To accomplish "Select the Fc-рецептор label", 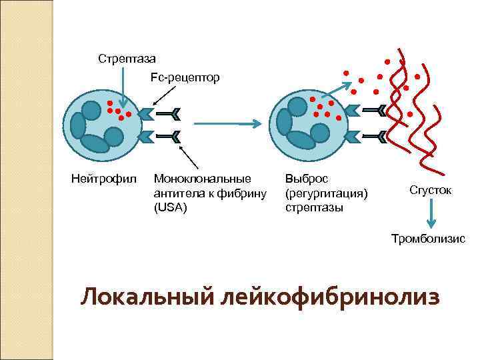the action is tap(185, 78).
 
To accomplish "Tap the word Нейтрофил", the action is tap(103, 179).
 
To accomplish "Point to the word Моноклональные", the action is tap(203, 179).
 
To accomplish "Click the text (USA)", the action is tap(171, 207).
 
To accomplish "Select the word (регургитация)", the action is tap(326, 193).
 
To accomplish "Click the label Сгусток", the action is tap(431, 190).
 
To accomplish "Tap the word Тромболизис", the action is tap(428, 238).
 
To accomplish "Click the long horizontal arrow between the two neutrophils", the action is tap(227, 123).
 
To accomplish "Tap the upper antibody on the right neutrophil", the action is tap(373, 110).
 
